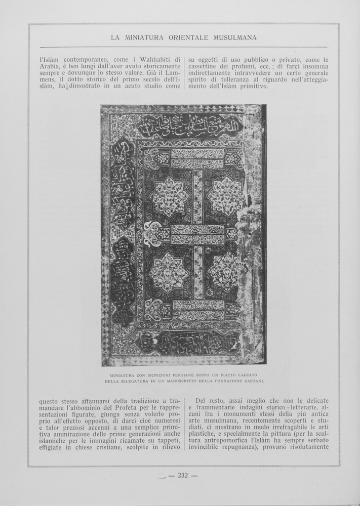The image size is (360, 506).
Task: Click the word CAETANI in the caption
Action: (x=253, y=381)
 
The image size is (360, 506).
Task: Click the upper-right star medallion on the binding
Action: (x=226, y=196)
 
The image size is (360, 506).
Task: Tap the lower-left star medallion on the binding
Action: (x=169, y=272)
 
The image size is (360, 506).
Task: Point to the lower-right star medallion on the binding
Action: (x=226, y=271)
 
